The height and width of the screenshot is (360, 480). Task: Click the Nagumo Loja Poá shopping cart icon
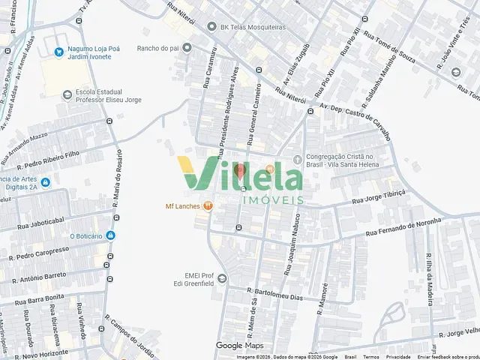coord(58,52)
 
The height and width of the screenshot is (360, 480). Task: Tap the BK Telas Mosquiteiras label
coord(253,27)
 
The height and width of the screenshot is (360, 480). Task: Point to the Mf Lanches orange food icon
coord(208,206)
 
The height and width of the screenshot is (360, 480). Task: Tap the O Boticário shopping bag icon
coord(111,235)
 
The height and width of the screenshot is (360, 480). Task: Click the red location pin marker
coord(240,171)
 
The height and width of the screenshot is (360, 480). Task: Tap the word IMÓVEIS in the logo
coord(273,200)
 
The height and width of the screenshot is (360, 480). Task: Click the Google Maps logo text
coord(239,346)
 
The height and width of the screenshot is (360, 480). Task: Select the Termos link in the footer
coord(371,357)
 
